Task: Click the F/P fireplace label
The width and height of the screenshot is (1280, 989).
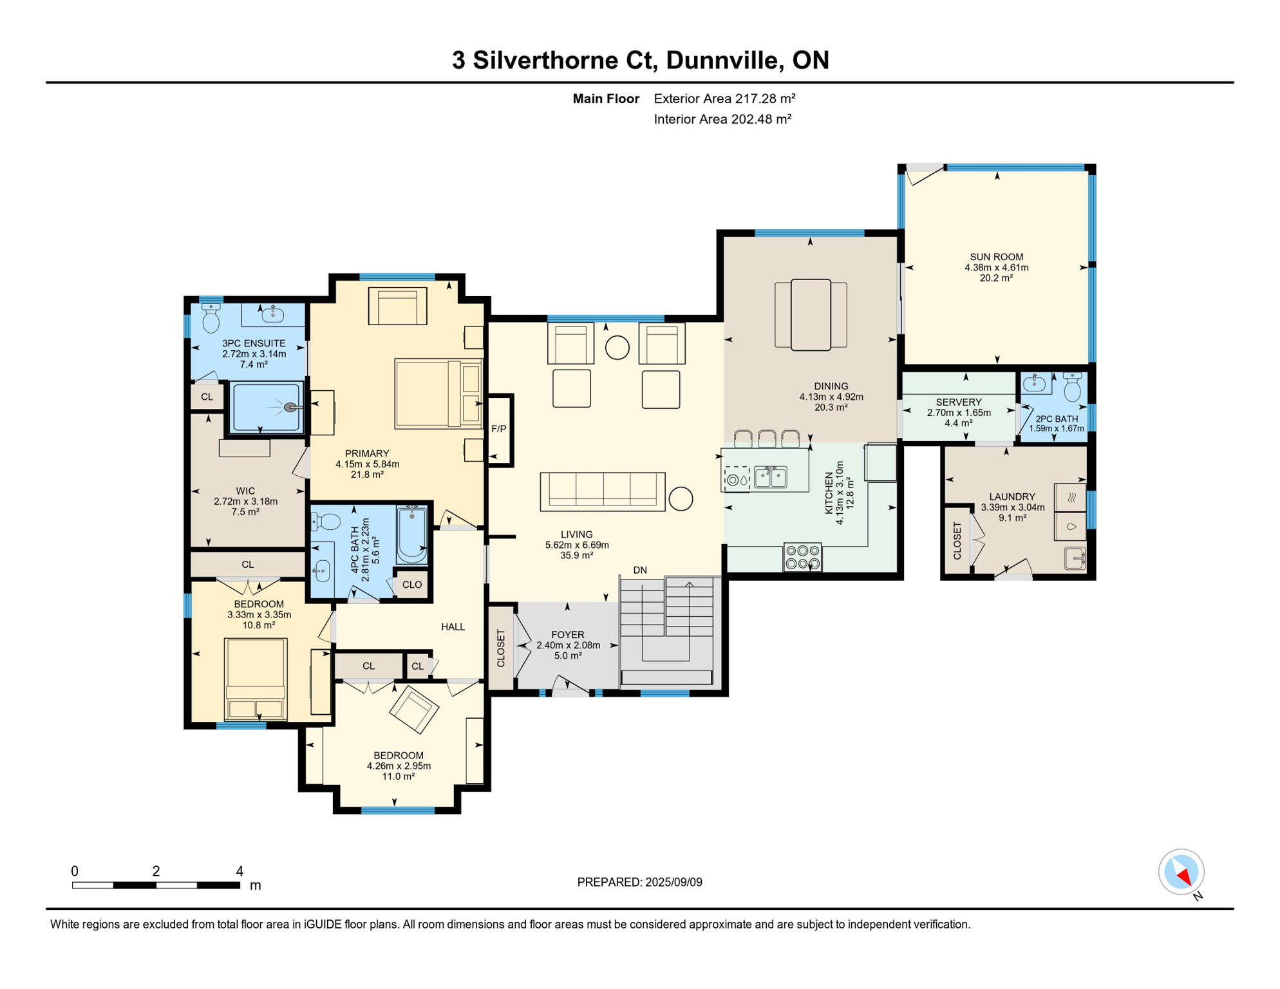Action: [x=498, y=429]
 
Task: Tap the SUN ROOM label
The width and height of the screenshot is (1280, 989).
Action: [x=996, y=257]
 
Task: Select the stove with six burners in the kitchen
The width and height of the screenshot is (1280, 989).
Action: [x=803, y=557]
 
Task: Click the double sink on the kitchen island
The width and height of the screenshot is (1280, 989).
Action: [x=770, y=477]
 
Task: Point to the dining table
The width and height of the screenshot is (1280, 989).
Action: [x=811, y=315]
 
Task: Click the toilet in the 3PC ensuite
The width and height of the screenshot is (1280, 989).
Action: [x=211, y=317]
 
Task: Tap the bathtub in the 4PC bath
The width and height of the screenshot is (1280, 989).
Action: [x=412, y=535]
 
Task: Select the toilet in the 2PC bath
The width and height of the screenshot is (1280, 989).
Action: [x=1072, y=387]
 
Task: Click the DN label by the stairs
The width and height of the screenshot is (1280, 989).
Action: [x=640, y=570]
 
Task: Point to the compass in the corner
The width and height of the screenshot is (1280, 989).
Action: [x=1181, y=872]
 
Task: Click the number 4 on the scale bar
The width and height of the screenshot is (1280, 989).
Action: [x=240, y=871]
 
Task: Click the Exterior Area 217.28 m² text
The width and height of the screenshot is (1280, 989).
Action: [x=725, y=99]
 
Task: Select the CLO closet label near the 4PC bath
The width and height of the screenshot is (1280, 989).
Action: [x=412, y=585]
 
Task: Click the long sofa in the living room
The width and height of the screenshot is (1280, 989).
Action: [x=603, y=492]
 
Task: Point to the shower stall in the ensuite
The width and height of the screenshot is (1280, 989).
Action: [x=267, y=408]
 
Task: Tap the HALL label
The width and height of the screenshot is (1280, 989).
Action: [x=453, y=627]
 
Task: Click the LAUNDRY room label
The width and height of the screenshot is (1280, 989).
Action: [x=1012, y=497]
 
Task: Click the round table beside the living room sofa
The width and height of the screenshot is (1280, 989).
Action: [x=681, y=499]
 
